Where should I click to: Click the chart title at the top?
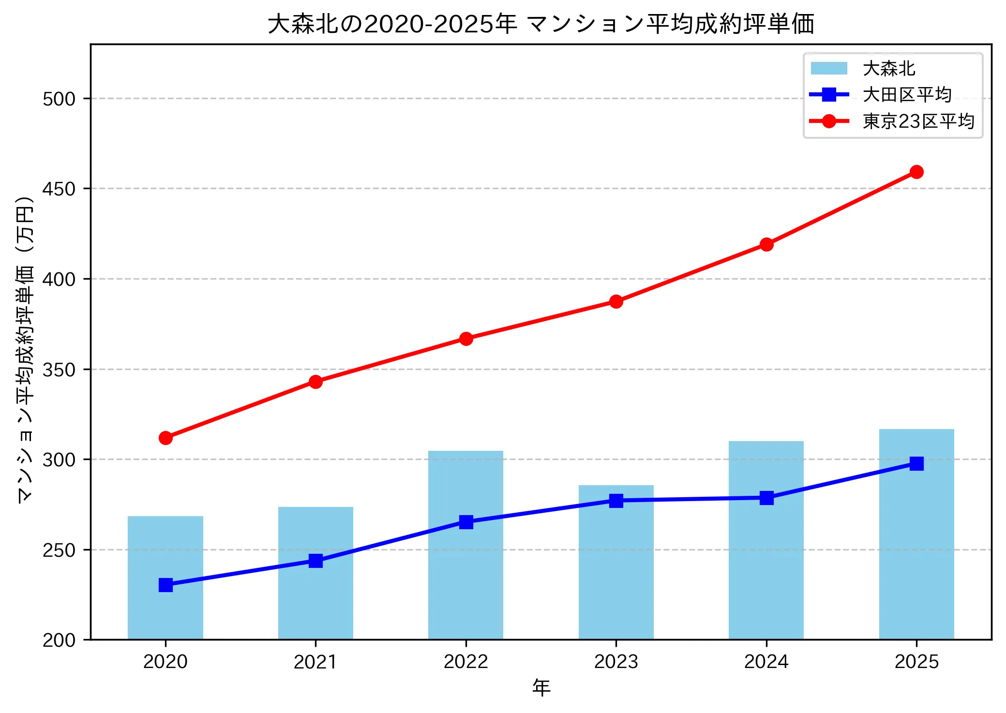[x=541, y=24]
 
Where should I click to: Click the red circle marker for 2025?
[x=916, y=172]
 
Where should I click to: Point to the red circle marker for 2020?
[x=165, y=438]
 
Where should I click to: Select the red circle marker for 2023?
[x=616, y=301]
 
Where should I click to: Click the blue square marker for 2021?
[x=315, y=561]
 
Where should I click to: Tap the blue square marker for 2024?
[x=766, y=498]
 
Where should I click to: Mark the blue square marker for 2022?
[x=465, y=522]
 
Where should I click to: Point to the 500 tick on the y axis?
[x=59, y=99]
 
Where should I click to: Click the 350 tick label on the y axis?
[x=59, y=370]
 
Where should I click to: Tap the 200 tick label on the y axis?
[x=59, y=640]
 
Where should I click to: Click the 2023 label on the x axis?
[x=616, y=662]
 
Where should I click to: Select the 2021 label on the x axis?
[x=315, y=662]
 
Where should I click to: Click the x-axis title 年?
[x=541, y=687]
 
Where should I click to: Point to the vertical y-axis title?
[x=25, y=349]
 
